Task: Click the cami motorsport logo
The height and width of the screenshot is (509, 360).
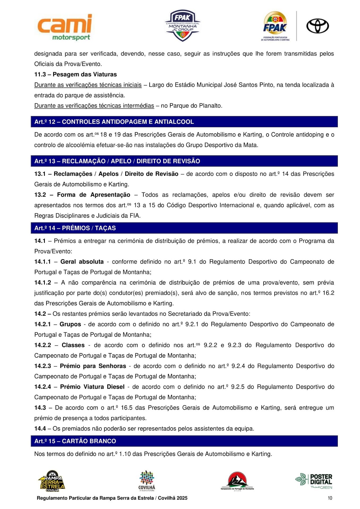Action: tap(65, 27)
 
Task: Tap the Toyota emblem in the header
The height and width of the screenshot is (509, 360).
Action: tap(317, 26)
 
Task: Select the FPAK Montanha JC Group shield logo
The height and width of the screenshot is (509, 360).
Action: tap(183, 26)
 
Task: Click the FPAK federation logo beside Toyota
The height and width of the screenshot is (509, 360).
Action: tap(275, 26)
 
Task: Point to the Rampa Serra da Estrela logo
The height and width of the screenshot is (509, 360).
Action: tap(52, 481)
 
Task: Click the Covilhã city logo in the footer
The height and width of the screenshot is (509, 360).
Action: tap(147, 481)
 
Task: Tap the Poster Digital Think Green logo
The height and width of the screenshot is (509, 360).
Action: tap(314, 481)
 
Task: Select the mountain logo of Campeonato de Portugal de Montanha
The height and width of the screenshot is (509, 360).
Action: tap(237, 481)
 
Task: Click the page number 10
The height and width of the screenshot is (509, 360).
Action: tap(330, 498)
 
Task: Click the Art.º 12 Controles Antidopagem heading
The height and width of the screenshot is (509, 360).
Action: tap(114, 122)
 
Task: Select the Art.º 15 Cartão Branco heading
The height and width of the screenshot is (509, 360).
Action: tap(75, 441)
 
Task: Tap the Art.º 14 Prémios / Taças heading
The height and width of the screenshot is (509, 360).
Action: tap(75, 228)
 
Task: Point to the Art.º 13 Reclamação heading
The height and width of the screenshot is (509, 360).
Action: tap(117, 161)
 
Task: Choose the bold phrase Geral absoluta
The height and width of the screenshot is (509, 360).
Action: tap(82, 262)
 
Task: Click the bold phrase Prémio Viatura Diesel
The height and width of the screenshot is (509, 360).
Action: tap(92, 387)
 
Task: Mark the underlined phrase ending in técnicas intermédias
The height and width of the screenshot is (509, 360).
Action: tap(94, 106)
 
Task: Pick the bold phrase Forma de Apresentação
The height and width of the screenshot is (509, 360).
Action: tap(93, 195)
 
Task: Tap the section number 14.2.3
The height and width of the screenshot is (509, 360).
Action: tap(42, 366)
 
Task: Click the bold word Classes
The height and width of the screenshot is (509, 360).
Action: tap(73, 345)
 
